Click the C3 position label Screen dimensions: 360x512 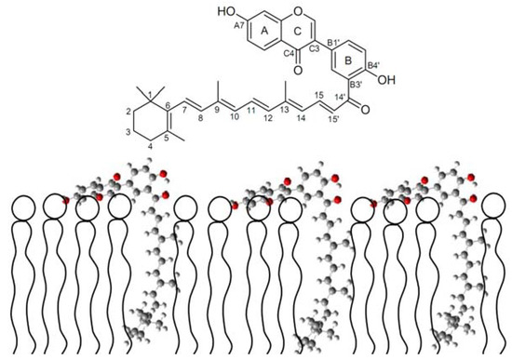[x=315, y=47]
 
